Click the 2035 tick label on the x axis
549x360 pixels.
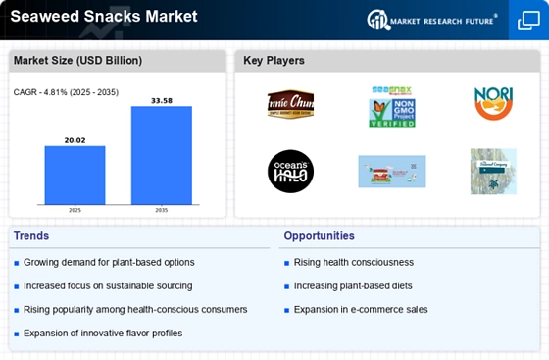pos(162,209)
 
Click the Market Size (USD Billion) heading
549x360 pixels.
pos(77,61)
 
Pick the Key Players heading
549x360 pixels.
pos(274,61)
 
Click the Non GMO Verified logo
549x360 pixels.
pos(392,107)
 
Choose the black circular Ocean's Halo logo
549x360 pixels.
pos(290,171)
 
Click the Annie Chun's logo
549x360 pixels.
pos(290,104)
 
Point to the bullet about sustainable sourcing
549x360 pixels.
pos(108,285)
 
